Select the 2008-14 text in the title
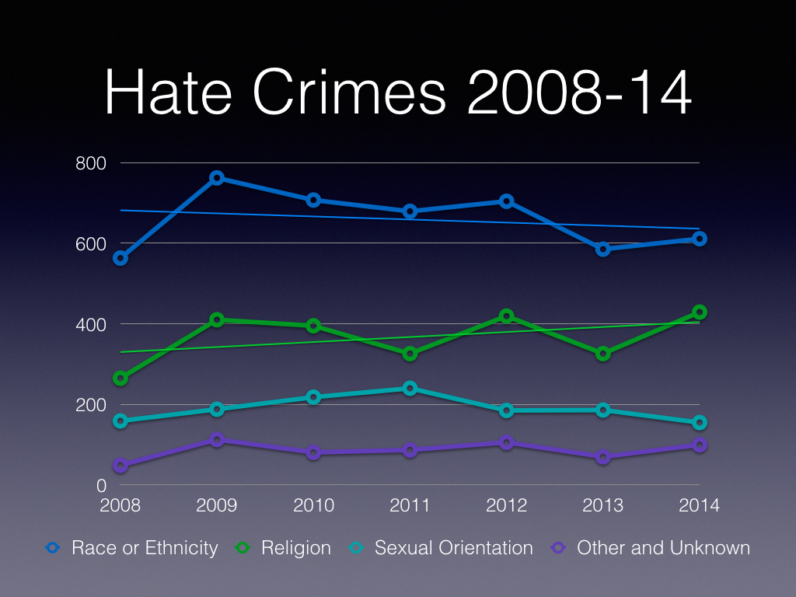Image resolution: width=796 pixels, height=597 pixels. point(580,95)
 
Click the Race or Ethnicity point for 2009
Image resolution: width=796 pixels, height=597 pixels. point(217,178)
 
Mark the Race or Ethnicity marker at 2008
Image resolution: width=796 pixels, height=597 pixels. point(120,258)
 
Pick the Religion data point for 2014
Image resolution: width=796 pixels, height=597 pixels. point(700,312)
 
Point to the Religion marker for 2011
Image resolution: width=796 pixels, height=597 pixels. point(410,354)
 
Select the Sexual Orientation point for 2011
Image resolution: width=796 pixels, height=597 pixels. point(410,388)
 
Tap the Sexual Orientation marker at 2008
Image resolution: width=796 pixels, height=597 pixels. point(120,421)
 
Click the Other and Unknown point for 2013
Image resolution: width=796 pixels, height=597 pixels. point(603,457)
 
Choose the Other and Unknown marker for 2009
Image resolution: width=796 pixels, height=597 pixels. point(217,440)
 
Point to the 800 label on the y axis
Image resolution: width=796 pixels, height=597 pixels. point(90,163)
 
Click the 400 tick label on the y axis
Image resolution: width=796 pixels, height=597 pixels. point(90,324)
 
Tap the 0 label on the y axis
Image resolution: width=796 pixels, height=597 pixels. point(101,486)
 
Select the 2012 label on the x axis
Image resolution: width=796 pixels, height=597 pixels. point(507,505)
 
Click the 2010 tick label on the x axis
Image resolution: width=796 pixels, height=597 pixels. point(313,505)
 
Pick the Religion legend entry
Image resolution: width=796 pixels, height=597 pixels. point(284,547)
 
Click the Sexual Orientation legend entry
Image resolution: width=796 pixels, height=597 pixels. point(442,547)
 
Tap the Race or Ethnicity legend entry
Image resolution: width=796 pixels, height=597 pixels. point(132,547)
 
